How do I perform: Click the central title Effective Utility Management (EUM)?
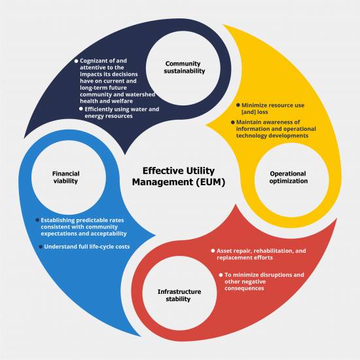coord(179,176)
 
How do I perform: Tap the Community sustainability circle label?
coord(184,67)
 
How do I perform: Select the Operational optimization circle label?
coord(289,177)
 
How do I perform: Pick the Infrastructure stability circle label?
coord(179,295)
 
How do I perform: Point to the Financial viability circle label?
coord(66,177)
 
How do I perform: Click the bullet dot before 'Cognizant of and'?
coord(76,61)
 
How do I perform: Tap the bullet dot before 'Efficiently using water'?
coord(81,109)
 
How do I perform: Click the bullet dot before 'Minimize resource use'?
coord(238,105)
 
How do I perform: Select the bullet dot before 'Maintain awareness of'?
coord(232,122)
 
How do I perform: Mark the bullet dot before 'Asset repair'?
coord(213,251)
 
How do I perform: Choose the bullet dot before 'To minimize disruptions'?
coord(221,275)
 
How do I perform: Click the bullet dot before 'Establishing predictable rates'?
coord(37,220)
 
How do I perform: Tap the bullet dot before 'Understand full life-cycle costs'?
coord(41,247)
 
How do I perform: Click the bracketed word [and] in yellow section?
coord(249,112)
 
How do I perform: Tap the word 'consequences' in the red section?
coord(244,289)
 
